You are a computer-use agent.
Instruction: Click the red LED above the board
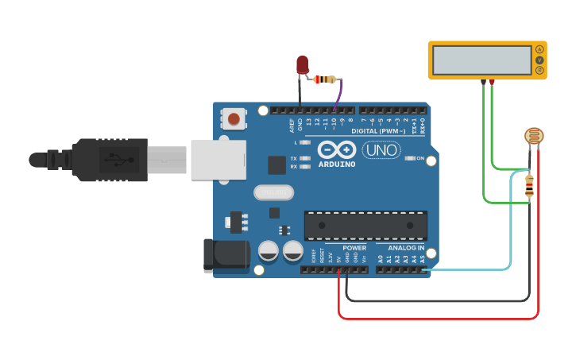coord(303,64)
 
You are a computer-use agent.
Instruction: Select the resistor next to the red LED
coord(324,79)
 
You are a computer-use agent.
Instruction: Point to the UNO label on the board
coord(381,149)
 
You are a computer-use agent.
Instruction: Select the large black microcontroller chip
coord(365,225)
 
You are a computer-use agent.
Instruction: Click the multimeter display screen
coord(481,60)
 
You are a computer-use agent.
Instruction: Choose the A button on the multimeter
coord(539,49)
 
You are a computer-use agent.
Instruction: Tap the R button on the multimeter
coord(539,72)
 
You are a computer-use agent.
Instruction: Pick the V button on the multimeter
coord(539,60)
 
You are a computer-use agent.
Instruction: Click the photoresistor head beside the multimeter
coord(535,136)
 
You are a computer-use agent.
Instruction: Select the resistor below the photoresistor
coord(530,186)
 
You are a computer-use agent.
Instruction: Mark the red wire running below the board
coord(437,319)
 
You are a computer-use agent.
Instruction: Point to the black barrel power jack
coord(226,256)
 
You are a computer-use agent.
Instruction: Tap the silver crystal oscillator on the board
coord(273,192)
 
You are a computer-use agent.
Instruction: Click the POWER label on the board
coord(354,248)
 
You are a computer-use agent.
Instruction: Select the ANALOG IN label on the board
coord(406,248)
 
